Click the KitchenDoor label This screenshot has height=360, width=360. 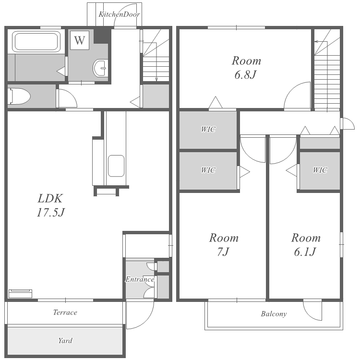[x=119, y=14]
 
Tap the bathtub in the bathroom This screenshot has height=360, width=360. [x=36, y=41]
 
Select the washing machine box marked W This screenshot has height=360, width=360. [x=79, y=40]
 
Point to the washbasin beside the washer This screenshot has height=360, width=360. [x=100, y=68]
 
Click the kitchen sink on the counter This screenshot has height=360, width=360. [x=116, y=166]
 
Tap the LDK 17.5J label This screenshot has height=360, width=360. [x=50, y=205]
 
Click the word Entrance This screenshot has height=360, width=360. [x=140, y=279]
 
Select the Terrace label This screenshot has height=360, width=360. [x=65, y=312]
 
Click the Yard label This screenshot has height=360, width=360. [x=65, y=340]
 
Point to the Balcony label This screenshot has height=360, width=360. [x=274, y=314]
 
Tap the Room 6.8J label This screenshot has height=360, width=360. [x=246, y=68]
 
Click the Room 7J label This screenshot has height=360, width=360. [x=224, y=245]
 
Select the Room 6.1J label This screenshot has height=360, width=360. [x=306, y=245]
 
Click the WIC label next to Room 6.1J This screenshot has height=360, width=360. [x=320, y=170]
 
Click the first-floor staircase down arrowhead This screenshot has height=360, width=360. [x=156, y=79]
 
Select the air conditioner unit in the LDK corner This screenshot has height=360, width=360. [x=20, y=294]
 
